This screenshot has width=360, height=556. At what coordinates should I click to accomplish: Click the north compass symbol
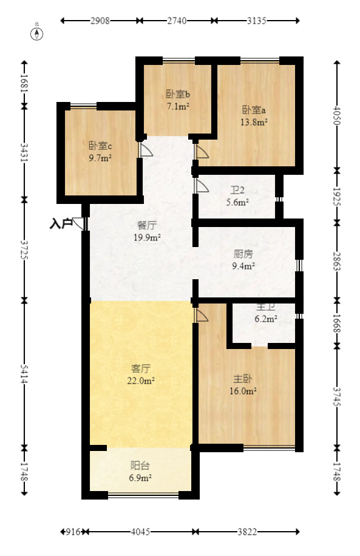point(37,33)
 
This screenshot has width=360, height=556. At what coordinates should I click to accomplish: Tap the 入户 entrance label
point(61,223)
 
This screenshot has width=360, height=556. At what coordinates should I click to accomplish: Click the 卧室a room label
point(254,110)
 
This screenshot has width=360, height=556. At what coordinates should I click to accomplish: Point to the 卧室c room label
point(100,146)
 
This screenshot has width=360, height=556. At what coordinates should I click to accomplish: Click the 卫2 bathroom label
point(237,190)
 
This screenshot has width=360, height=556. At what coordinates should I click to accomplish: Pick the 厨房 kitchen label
point(243,254)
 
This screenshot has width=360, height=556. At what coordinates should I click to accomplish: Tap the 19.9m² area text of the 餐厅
point(147,237)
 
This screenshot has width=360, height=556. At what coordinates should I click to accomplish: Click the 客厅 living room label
point(141,368)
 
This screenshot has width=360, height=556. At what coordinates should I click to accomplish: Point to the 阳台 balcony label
point(140,466)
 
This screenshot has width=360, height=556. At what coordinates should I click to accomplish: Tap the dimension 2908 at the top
point(100,21)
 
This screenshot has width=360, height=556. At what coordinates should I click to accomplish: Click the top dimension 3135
point(257,21)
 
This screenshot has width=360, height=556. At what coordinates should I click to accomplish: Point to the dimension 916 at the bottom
point(73,532)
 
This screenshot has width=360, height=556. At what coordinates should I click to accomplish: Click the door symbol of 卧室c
point(146,149)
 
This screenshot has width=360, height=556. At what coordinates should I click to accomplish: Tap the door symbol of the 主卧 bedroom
point(202,315)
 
